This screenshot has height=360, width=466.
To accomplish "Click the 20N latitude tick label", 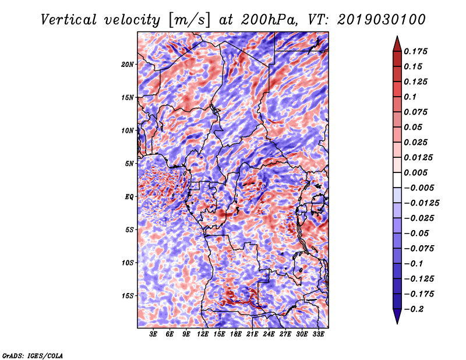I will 128,64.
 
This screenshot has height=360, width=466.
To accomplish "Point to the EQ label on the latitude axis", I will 130,197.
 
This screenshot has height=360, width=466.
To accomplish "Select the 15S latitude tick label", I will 128,296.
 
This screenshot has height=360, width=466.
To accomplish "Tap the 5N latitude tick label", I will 130,164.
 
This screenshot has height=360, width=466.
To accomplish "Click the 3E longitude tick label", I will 153,335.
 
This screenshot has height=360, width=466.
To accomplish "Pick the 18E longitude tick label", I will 236,335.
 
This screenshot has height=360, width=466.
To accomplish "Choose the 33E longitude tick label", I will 319,335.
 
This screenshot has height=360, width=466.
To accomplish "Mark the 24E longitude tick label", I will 269,335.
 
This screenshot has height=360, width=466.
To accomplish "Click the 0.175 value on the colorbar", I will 418,51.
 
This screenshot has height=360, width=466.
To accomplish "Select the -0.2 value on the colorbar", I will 415,309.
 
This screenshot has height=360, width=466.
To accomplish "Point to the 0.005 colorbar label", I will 418,173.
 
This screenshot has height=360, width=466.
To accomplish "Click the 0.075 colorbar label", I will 418,112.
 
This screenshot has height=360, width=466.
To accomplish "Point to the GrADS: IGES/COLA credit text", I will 32,355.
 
